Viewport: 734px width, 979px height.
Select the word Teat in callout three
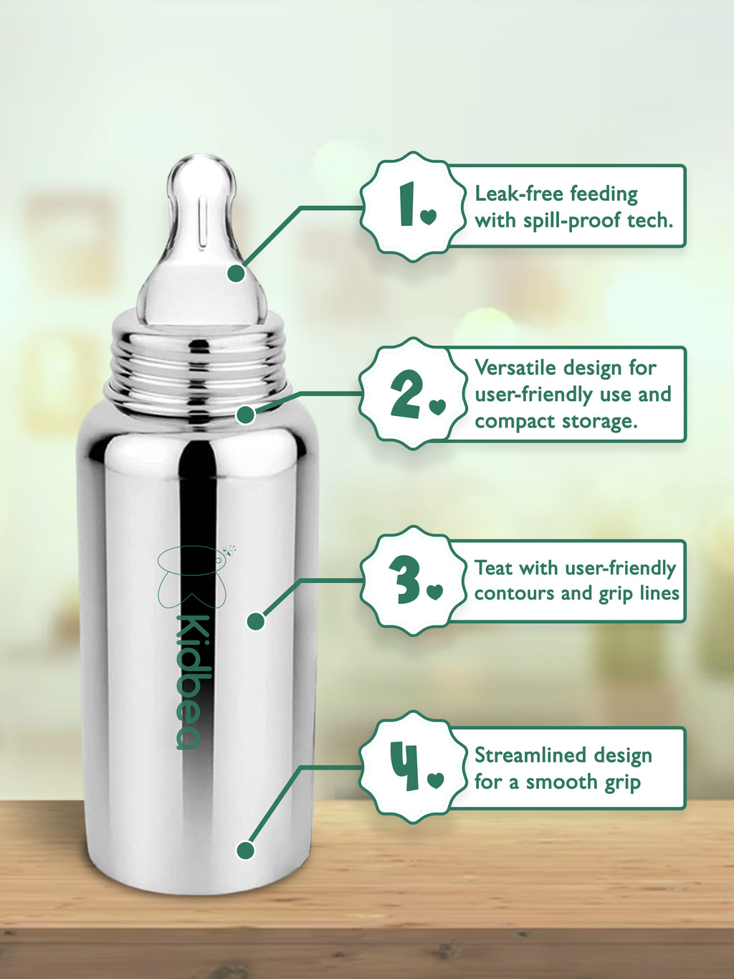point(494,568)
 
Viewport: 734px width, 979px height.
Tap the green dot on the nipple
point(236,273)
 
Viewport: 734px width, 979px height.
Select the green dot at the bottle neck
point(245,415)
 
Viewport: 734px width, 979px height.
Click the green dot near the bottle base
point(245,851)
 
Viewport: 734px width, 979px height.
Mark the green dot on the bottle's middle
point(256,621)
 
